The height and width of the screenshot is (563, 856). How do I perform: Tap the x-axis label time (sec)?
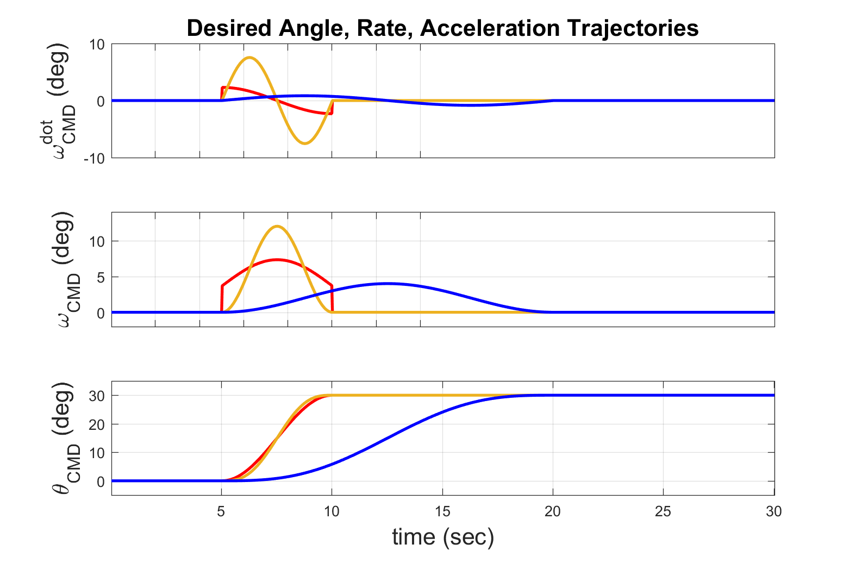(x=443, y=537)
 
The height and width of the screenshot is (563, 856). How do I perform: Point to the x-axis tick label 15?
(x=442, y=511)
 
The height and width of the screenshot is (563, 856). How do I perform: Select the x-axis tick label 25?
(x=663, y=511)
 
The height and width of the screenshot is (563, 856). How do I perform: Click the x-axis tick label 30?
(x=773, y=511)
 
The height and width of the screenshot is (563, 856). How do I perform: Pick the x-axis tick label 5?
(x=221, y=511)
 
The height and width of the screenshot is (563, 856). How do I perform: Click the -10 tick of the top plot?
(x=95, y=158)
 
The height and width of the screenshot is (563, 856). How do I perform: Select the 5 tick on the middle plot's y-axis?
(x=101, y=277)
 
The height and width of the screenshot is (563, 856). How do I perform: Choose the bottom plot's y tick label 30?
(x=97, y=396)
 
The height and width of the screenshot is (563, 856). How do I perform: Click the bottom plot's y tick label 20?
(x=97, y=424)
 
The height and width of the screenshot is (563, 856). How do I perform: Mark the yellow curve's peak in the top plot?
(x=249, y=57)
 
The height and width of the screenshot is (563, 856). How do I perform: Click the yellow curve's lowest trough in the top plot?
(x=305, y=143)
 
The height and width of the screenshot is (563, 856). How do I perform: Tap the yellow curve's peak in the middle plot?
(x=277, y=226)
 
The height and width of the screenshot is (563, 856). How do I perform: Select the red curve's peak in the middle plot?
(x=277, y=260)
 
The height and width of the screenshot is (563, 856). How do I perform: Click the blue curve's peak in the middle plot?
(x=387, y=283)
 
